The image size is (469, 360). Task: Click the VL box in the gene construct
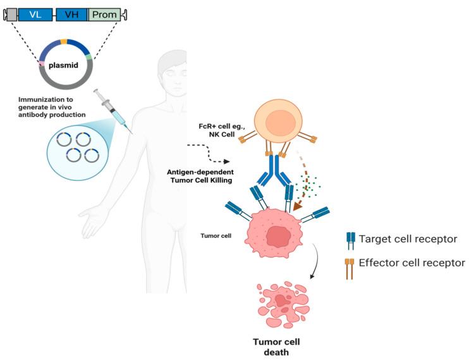[35, 15]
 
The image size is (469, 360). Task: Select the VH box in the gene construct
[72, 15]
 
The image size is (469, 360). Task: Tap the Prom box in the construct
[104, 15]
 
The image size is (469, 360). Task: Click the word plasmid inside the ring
[63, 65]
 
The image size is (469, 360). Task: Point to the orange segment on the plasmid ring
[64, 42]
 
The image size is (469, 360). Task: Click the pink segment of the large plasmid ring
[41, 63]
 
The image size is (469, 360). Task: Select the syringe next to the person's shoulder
[113, 111]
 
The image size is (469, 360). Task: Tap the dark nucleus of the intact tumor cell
[278, 236]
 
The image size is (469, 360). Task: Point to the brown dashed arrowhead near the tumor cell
[298, 206]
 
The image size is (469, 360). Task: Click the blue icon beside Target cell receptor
[351, 241]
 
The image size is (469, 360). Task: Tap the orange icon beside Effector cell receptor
[350, 269]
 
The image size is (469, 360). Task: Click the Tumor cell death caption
[276, 347]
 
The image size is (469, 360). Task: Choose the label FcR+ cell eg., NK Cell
[222, 130]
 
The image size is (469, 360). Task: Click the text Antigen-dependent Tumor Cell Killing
[200, 176]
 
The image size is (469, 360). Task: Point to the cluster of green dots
[307, 185]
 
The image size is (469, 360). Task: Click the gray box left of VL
[11, 15]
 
